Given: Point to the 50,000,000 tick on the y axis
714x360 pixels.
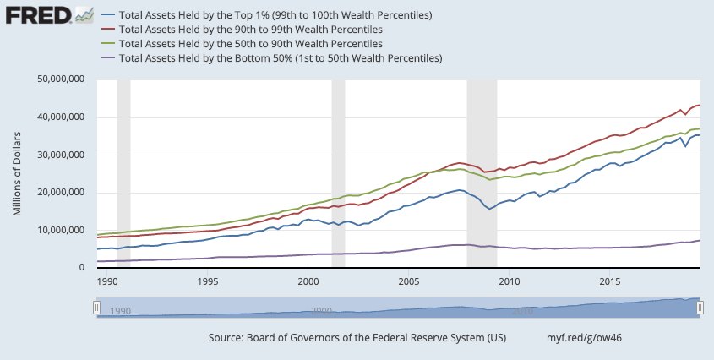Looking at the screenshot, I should pos(61,79).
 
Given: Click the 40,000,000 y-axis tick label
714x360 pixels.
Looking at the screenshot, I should pos(61,117).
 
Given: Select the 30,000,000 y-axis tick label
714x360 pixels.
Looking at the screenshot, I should pos(61,155).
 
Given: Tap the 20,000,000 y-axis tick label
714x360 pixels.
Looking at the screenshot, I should pos(61,193).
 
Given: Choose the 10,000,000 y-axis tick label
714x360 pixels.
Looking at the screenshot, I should pos(61,230).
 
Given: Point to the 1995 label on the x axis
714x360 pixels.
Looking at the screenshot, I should pos(208,280).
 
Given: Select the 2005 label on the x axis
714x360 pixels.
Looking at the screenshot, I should pos(409,280).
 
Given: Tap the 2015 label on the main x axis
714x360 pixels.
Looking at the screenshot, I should pos(610,280).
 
